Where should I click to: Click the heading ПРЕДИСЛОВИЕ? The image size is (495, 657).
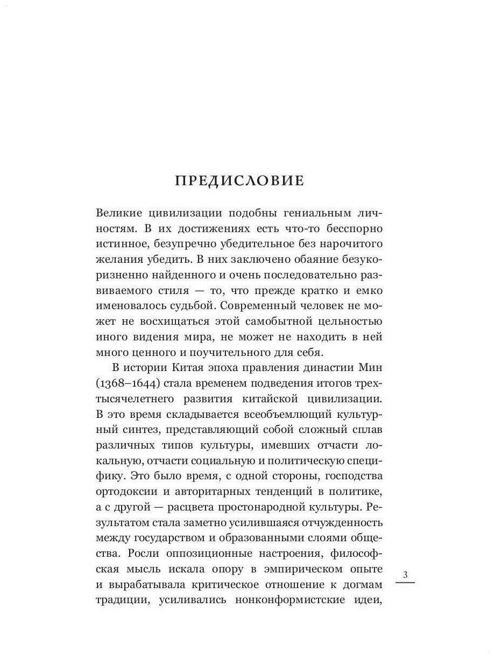[239, 181]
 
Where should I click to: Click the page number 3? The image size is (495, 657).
[406, 575]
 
